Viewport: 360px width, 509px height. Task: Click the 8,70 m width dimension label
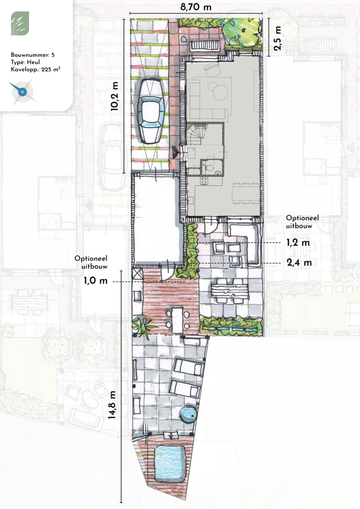click(196, 7)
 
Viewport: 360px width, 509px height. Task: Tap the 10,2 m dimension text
click(114, 96)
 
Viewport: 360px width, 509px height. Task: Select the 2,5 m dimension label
click(277, 38)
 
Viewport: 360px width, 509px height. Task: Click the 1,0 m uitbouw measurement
click(95, 280)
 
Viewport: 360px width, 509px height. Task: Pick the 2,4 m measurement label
click(299, 262)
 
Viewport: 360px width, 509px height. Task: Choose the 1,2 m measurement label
click(298, 242)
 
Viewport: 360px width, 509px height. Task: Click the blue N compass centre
click(22, 92)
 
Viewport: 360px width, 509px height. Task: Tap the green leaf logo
click(20, 23)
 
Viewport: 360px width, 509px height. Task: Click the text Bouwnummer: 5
click(33, 55)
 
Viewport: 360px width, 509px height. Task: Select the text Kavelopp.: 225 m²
click(35, 69)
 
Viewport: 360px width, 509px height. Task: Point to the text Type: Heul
click(25, 62)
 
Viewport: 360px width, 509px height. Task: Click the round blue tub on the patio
click(188, 414)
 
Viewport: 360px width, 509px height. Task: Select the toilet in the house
click(209, 168)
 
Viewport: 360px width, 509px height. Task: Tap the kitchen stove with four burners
click(204, 181)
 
